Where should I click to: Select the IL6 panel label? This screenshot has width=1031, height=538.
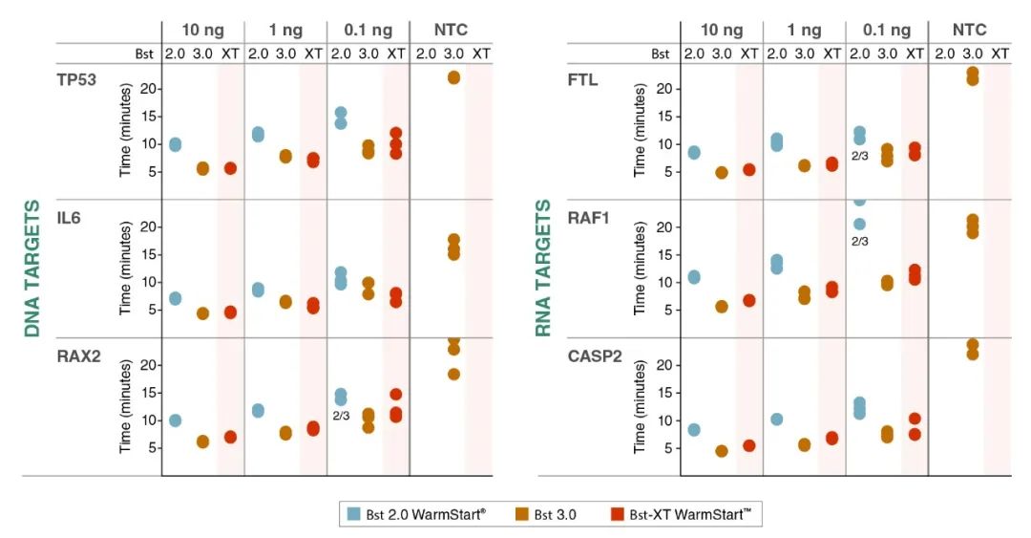click(x=68, y=217)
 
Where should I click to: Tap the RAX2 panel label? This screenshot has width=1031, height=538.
click(x=77, y=355)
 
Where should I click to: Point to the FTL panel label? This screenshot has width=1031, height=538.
click(x=582, y=79)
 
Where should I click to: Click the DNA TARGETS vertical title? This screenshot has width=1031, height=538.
click(x=32, y=269)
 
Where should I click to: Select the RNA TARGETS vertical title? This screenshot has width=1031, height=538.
click(x=543, y=269)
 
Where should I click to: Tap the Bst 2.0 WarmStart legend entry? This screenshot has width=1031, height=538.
click(x=417, y=514)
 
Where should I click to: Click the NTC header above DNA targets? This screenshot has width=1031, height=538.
click(x=451, y=30)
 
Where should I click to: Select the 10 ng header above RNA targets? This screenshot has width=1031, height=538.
click(x=721, y=30)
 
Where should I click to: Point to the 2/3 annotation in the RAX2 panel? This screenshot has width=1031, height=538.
click(x=341, y=417)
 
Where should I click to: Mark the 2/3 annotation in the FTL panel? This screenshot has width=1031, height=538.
click(x=859, y=155)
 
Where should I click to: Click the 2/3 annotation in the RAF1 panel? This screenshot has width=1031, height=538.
click(x=859, y=242)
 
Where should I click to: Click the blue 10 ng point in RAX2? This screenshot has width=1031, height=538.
click(x=175, y=420)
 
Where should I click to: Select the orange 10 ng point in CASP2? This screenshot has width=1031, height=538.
click(x=722, y=451)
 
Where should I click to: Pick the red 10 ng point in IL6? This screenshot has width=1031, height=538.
click(x=230, y=312)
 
